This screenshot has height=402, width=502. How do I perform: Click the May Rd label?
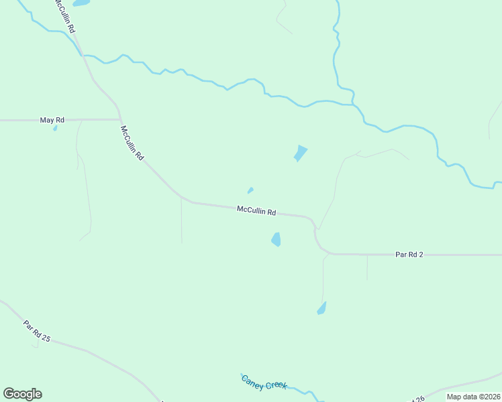pos(52,120)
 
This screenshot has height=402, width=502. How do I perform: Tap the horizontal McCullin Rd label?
pos(256,210)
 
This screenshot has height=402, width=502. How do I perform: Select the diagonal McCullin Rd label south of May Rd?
pos(132,143)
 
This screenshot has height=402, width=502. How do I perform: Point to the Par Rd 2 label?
pos(409,255)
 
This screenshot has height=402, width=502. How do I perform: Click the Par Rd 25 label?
pos(37,331)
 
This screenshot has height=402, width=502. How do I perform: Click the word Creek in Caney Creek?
pos(277,385)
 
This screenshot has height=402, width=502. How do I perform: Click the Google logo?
pos(22,394)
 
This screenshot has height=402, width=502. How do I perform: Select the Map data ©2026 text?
pos(472,397)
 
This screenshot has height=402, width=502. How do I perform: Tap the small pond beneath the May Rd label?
pos(55,128)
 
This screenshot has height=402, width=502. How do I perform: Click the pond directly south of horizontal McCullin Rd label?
pos(276,239)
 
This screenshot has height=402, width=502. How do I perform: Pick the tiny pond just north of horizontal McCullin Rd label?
pos(250,190)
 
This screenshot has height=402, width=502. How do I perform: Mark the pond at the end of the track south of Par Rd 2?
pos(321,308)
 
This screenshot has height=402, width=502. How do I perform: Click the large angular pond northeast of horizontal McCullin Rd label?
pos(300,153)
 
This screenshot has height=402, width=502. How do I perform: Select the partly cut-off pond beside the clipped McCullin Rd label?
pos(81,3)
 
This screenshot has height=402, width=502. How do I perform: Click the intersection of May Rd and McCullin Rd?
pos(119,119)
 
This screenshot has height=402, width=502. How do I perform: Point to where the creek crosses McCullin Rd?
pos(83,56)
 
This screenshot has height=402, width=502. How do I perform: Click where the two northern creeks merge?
pos(354,104)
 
